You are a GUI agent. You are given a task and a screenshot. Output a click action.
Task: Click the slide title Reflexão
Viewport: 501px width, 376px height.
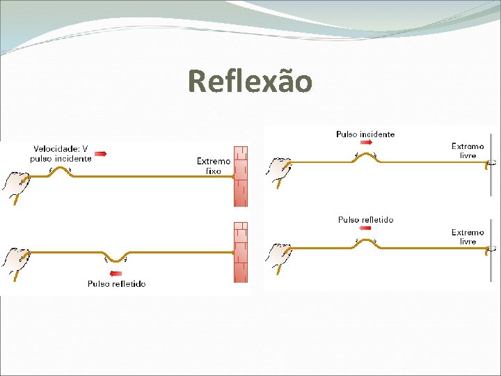click(250, 81)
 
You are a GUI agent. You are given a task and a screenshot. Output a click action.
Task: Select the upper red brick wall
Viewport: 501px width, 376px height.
click(240, 175)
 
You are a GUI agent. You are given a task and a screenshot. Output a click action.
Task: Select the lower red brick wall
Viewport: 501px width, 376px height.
click(240, 251)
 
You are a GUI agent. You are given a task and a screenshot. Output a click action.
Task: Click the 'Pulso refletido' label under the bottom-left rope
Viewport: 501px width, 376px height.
click(116, 283)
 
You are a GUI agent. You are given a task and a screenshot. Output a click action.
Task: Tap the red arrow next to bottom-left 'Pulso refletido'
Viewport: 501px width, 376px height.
click(116, 274)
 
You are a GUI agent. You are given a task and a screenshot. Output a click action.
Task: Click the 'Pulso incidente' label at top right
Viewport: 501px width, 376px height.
click(365, 134)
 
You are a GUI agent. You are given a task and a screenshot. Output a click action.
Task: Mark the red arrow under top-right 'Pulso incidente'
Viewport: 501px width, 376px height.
click(365, 144)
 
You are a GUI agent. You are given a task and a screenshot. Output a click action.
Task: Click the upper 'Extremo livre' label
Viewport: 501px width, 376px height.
click(468, 150)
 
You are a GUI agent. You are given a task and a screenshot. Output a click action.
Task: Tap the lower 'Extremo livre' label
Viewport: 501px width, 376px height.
click(468, 237)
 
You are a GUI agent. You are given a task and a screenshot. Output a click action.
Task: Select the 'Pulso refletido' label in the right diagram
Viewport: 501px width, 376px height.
click(365, 220)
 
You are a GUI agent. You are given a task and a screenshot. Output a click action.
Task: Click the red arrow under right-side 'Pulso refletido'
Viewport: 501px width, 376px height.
click(365, 230)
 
